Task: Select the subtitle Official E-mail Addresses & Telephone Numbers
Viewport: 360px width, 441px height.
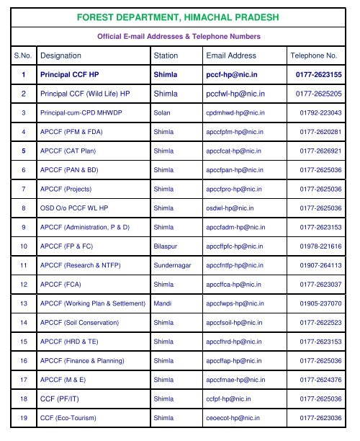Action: coord(179,36)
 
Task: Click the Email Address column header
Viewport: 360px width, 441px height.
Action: coord(231,55)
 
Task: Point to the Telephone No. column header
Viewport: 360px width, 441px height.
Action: coord(313,55)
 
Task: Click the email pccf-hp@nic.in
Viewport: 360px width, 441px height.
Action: coord(232,74)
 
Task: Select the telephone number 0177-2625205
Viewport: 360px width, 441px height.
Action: coord(319,94)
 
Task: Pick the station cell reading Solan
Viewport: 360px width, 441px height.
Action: coord(162,113)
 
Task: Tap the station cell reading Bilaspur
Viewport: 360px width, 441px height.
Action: coord(166,246)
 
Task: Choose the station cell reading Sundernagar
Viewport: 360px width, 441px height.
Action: coord(173,265)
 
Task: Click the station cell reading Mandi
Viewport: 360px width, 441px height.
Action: coord(162,303)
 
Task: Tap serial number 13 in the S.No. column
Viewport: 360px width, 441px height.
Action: coord(24,303)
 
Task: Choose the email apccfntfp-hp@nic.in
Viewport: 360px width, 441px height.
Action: coord(235,265)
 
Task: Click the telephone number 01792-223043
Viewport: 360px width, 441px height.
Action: coord(320,113)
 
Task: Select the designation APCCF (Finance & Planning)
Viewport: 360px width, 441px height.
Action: coord(82,360)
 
